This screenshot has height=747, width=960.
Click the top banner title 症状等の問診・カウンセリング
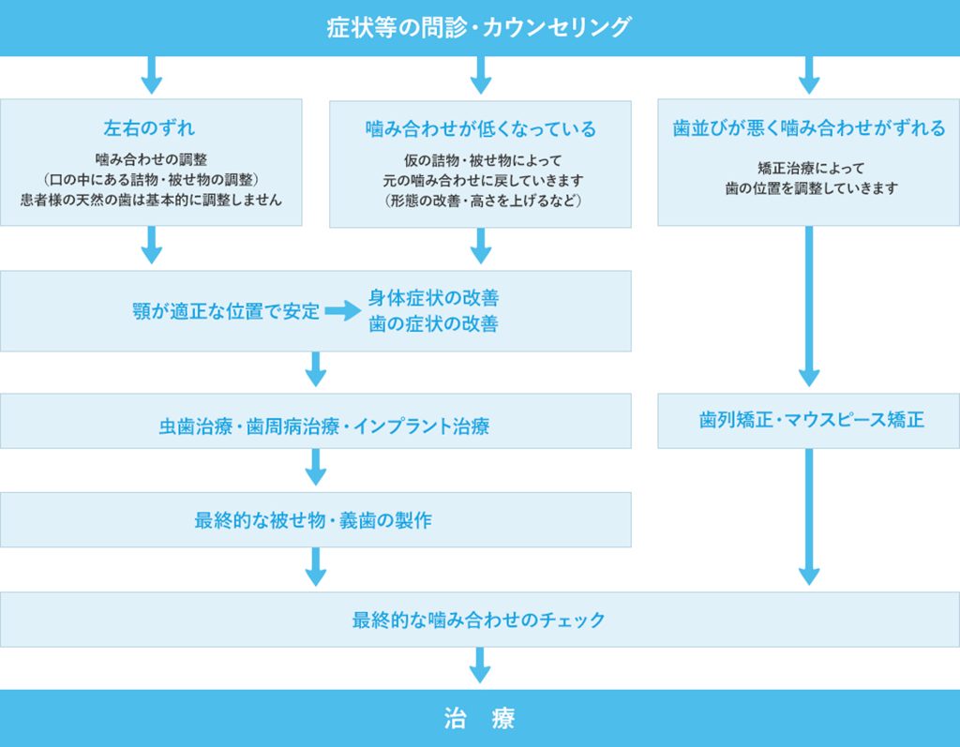(x=479, y=27)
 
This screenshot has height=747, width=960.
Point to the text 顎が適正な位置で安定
(x=226, y=312)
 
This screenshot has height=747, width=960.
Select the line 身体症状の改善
(x=433, y=298)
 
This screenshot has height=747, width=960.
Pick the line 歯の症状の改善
(x=433, y=325)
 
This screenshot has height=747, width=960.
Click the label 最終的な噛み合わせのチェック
(x=479, y=620)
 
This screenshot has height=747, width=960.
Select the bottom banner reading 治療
(x=479, y=719)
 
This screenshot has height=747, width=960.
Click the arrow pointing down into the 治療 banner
(x=480, y=665)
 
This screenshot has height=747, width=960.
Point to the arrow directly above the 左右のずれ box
(x=151, y=74)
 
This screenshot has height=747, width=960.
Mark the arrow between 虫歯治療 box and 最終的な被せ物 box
(x=316, y=467)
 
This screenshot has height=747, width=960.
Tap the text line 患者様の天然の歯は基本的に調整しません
(x=151, y=200)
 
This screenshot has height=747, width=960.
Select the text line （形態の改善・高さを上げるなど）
(x=480, y=201)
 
